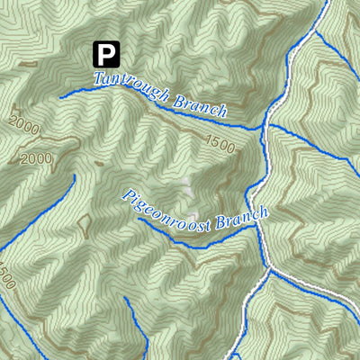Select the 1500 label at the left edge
coord(8,275)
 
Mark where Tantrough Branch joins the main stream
coord(265,127)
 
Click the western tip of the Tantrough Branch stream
coord(60,94)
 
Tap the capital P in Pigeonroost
coord(127,194)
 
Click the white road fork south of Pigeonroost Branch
coord(267,267)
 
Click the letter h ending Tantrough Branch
coord(222,112)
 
